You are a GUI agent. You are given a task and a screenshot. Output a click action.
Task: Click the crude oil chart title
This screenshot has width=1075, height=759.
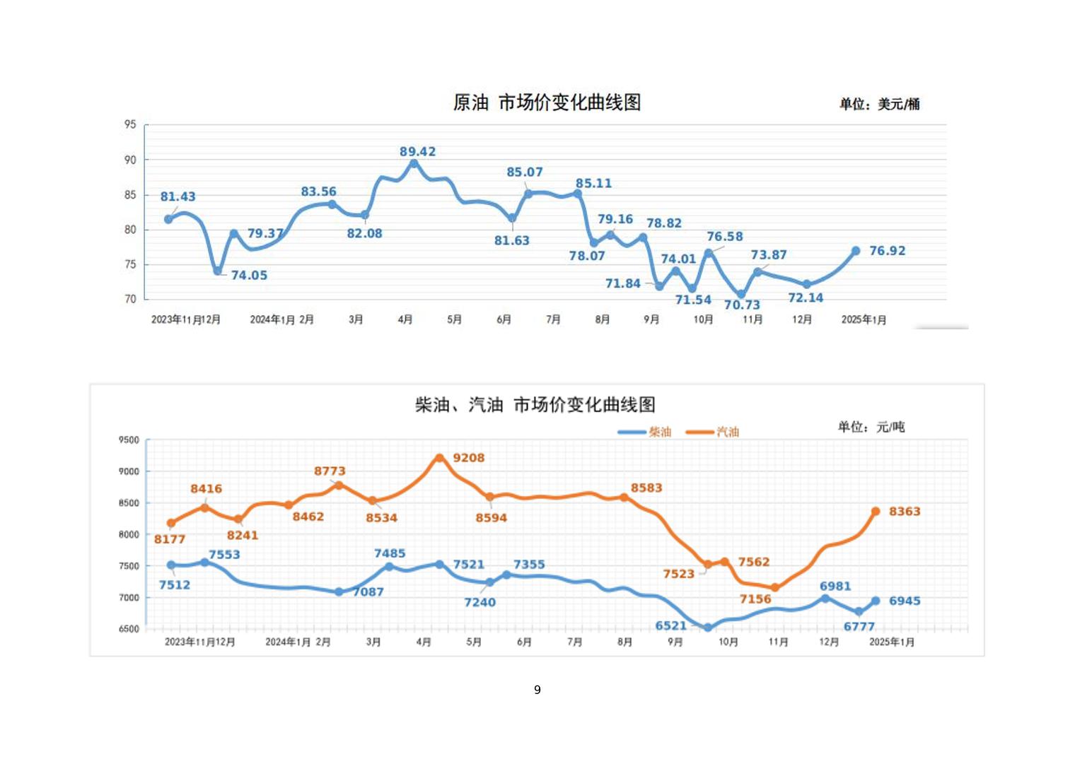point(547,102)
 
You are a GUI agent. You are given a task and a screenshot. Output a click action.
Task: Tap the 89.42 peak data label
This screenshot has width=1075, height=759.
point(417,152)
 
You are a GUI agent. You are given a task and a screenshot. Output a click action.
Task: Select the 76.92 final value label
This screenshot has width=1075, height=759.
point(887,251)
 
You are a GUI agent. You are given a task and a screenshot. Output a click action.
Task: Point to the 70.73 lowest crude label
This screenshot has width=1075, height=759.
point(742,305)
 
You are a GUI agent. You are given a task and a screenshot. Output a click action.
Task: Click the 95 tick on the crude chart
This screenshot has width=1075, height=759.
point(130,124)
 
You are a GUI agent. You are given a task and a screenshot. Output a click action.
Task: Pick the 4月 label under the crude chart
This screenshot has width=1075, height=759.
point(405,319)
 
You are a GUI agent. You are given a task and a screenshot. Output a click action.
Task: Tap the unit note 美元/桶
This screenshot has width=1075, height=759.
point(879,104)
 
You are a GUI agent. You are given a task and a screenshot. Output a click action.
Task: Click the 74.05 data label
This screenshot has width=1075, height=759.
point(249,276)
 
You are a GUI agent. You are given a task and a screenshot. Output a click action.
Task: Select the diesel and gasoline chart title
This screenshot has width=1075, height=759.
point(535,405)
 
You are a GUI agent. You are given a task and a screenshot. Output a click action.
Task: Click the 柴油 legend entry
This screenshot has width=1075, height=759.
point(644,432)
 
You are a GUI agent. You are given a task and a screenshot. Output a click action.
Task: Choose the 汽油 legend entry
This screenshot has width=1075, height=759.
point(713,432)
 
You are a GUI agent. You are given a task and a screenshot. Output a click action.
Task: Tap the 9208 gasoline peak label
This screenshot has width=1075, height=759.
point(468,458)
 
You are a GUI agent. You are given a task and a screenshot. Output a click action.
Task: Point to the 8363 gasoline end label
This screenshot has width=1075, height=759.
point(905,512)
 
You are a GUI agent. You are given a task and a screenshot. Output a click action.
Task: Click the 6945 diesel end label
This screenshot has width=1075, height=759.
point(905,601)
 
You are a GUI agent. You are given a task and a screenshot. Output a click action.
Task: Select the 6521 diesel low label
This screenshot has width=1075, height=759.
point(670,625)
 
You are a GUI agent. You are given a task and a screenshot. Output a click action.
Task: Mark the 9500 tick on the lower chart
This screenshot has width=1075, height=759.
point(129,440)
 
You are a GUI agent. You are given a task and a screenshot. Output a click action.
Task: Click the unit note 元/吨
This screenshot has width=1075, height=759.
point(871,427)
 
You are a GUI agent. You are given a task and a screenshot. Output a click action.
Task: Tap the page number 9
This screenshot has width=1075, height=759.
point(537,690)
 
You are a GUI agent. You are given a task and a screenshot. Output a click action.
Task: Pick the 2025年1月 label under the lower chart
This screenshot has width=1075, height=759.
point(891,642)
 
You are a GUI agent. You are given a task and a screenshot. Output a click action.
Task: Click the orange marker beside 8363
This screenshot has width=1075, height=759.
point(876,511)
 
